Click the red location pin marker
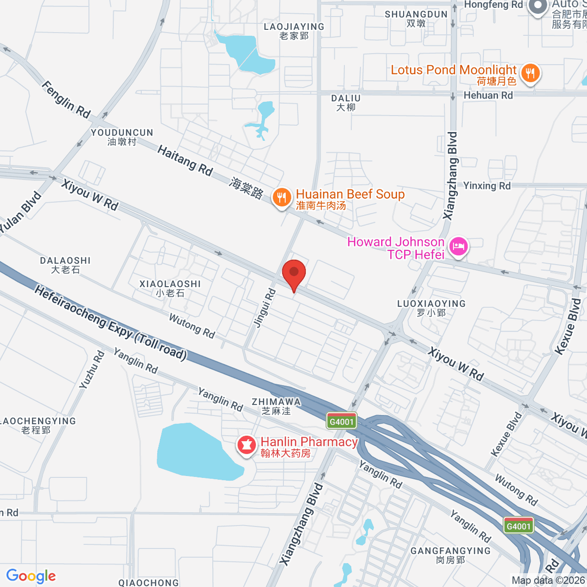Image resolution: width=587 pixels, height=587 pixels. click(294, 274)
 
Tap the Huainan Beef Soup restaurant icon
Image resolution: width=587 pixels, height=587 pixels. click(281, 198)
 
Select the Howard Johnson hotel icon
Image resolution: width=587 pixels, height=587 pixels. click(458, 246)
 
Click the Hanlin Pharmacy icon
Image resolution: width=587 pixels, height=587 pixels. click(247, 445)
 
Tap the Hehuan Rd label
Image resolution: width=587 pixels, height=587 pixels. click(488, 95)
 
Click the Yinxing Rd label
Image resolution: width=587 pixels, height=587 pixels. click(487, 186)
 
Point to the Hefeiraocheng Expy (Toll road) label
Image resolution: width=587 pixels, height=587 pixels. click(111, 324)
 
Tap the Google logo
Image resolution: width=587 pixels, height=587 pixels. click(31, 576)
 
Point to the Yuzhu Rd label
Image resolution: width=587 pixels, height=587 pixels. click(92, 370)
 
